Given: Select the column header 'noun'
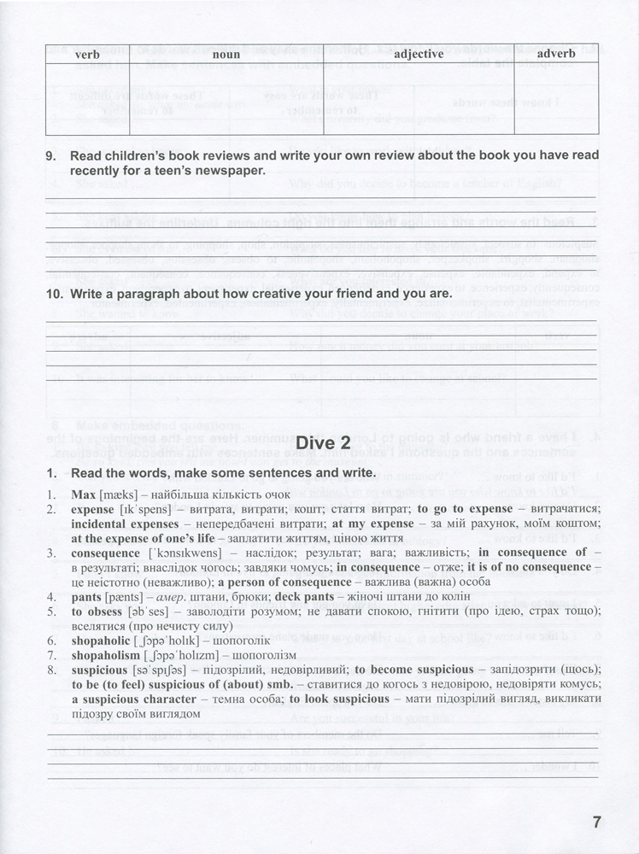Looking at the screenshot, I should pos(225,55).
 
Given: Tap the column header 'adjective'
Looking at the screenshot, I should pos(418,55).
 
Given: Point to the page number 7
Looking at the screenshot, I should pos(597,822).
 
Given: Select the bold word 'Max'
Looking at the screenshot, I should pos(83,495).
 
